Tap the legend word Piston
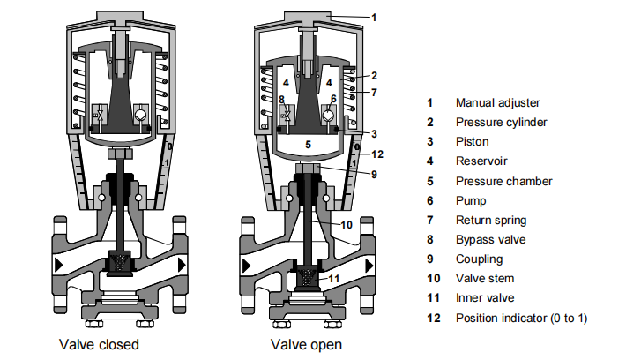473,142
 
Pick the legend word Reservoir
481,161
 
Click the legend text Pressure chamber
503,181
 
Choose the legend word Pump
470,200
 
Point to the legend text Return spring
490,220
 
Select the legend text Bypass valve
490,239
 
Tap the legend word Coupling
479,259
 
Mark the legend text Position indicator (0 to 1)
521,317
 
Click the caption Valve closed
99,343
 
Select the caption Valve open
306,343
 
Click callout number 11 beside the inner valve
334,279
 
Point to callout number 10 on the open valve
346,224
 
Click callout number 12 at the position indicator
376,154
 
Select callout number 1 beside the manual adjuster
373,16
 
